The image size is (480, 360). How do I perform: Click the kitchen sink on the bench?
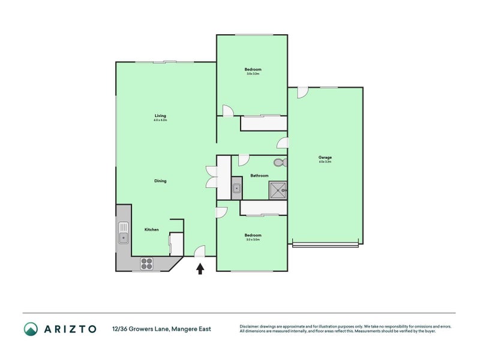pyautogui.click(x=124, y=232)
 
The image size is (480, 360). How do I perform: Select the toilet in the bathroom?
pyautogui.click(x=278, y=163)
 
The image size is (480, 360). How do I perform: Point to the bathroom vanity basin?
pyautogui.click(x=236, y=190)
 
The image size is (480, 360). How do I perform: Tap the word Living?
pyautogui.click(x=160, y=115)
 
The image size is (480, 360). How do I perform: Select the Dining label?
pyautogui.click(x=160, y=181)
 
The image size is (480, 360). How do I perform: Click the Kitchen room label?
pyautogui.click(x=151, y=229)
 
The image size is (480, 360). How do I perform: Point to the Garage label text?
pyautogui.click(x=325, y=157)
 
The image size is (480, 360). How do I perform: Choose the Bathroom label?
pyautogui.click(x=259, y=175)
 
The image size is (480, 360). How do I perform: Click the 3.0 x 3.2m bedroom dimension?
pyautogui.click(x=253, y=74)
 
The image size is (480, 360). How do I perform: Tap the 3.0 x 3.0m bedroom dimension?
pyautogui.click(x=253, y=239)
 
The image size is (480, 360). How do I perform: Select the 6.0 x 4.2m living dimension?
pyautogui.click(x=160, y=120)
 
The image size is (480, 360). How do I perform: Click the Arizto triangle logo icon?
pyautogui.click(x=31, y=328)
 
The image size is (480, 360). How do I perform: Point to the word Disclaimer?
pyautogui.click(x=251, y=326)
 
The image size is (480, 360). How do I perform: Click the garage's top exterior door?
pyautogui.click(x=302, y=92)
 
